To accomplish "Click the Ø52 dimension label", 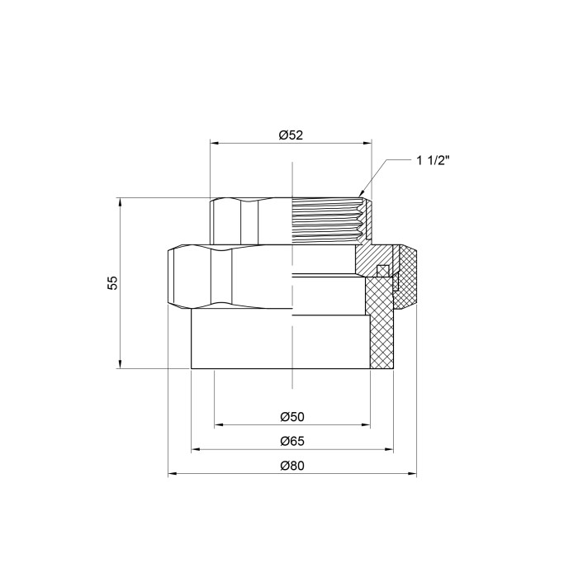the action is (291, 135).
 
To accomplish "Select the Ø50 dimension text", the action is (292, 417).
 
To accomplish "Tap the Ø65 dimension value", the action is (292, 441).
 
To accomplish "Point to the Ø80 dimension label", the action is (292, 466).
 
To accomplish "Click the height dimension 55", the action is (113, 282).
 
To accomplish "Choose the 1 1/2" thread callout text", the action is (433, 161).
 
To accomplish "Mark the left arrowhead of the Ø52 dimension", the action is (215, 143).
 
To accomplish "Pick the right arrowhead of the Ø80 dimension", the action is (412, 474).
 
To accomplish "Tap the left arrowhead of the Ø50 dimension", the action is (219, 425).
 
